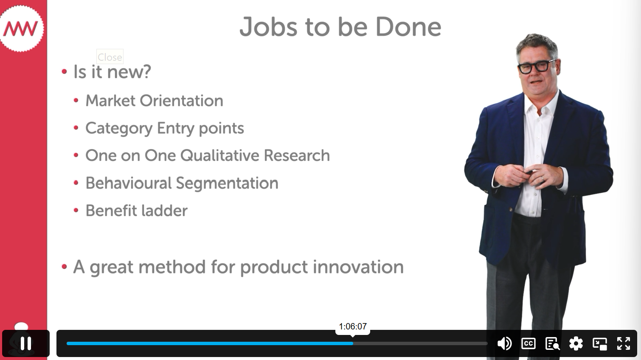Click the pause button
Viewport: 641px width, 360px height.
point(26,343)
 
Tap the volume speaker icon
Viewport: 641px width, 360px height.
point(504,343)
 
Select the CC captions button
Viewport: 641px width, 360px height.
point(528,343)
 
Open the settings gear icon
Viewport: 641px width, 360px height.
point(576,343)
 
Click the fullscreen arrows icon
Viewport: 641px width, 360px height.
point(624,343)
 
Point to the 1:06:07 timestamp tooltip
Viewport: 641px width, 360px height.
point(352,326)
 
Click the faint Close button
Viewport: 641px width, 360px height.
point(110,56)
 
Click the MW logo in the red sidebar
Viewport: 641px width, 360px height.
point(21,28)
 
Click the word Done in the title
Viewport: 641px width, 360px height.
point(408,27)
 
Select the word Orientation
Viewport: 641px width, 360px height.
point(181,101)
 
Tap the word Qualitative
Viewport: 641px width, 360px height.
point(219,155)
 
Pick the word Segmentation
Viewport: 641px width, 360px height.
point(227,183)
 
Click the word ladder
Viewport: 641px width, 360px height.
point(165,211)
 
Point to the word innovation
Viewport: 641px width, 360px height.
point(358,267)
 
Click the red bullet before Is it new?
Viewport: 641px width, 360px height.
point(64,71)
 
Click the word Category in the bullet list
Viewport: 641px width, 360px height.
point(119,129)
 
